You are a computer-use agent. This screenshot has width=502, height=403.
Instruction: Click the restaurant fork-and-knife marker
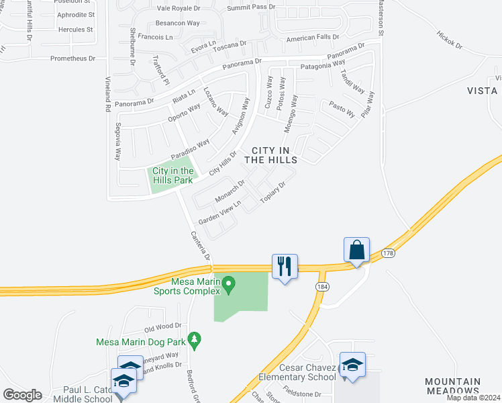[x=285, y=266]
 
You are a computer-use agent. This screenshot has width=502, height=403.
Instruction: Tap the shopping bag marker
[x=357, y=250]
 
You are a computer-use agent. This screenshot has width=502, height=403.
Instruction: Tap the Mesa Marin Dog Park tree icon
[x=195, y=341]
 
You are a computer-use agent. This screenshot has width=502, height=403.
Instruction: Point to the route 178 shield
[x=388, y=253]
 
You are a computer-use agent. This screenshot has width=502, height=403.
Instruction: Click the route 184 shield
[x=322, y=287]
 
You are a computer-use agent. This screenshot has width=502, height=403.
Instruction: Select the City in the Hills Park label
[x=172, y=175]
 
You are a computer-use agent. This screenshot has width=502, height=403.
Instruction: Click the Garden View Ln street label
[x=219, y=216]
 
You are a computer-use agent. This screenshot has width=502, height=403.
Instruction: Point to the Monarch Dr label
[x=230, y=191]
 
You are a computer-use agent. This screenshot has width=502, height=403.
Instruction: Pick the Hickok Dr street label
[x=450, y=40]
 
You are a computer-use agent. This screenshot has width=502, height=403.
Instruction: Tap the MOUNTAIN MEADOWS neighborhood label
[x=452, y=386]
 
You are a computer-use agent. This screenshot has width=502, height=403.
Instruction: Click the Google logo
[x=22, y=394]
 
